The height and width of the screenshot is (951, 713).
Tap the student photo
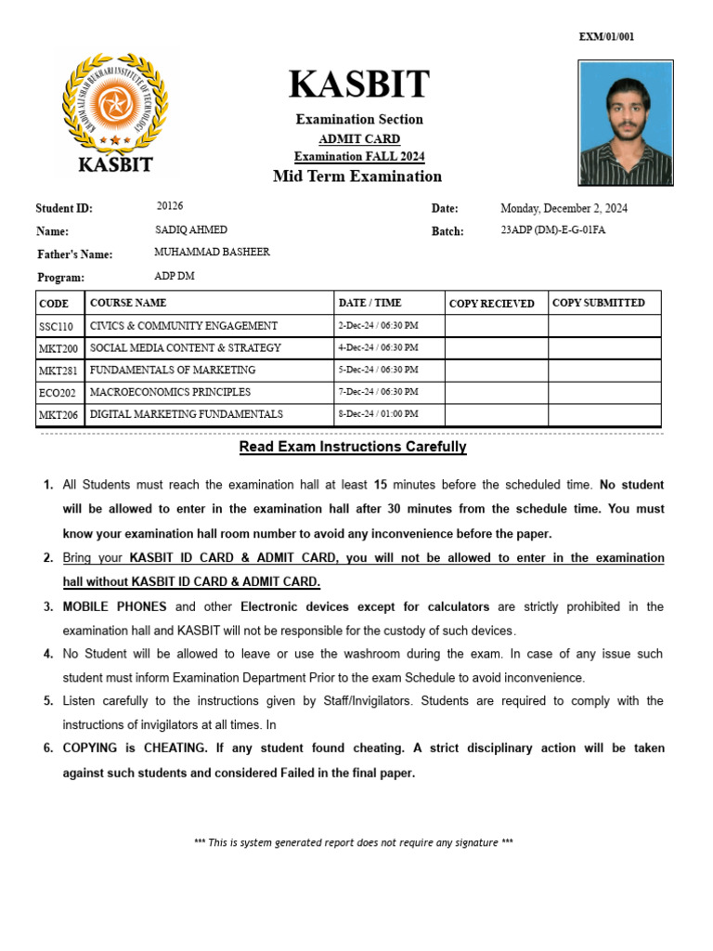625,124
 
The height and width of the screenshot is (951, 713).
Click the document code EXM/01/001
606,37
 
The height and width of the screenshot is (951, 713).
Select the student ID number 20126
170,206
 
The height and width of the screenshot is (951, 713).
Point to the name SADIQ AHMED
190,229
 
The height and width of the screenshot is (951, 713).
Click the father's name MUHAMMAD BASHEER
212,252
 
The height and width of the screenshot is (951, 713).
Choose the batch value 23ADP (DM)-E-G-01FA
552,230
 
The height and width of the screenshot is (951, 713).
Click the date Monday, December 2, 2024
564,208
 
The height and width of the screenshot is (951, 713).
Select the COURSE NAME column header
128,303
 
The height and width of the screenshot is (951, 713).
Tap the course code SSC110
56,327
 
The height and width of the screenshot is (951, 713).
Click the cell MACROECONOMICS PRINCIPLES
170,392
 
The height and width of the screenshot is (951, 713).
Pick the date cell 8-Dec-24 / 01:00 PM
378,414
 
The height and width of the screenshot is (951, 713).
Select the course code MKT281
58,371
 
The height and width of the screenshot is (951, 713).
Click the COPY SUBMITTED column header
599,303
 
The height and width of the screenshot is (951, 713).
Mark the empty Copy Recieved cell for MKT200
496,348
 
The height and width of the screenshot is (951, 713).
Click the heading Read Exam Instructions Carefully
353,447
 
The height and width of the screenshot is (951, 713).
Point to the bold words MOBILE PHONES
114,606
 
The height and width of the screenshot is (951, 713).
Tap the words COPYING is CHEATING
135,748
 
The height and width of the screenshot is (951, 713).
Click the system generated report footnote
353,842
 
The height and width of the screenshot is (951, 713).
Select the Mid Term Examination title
357,176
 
